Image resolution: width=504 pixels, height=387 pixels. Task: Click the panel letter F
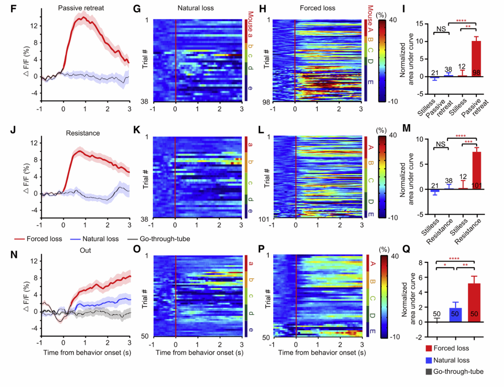coord(14,8)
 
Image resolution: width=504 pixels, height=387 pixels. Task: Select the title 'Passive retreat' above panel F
coord(81,8)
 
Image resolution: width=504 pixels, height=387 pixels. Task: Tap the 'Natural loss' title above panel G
coord(196,8)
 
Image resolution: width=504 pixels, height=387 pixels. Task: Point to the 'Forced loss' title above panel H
coord(317,8)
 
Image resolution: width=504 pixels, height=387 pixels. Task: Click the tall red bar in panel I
coord(476,59)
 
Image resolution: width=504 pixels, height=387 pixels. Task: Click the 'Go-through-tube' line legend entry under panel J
coord(159,239)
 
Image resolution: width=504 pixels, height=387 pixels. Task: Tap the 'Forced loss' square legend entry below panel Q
coord(447,348)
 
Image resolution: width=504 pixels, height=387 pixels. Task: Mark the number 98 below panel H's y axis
coord(266,102)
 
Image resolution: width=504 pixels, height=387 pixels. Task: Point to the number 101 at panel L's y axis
coord(264,219)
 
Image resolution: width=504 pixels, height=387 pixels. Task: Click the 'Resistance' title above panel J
coord(83,133)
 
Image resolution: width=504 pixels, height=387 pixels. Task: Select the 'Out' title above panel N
coord(85,250)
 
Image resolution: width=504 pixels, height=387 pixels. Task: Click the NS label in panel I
coord(441,29)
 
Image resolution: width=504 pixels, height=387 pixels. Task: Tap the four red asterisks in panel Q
coord(454,259)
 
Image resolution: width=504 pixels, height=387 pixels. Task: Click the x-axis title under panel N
coord(87,352)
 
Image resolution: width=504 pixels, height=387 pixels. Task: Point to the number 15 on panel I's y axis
coord(420,24)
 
